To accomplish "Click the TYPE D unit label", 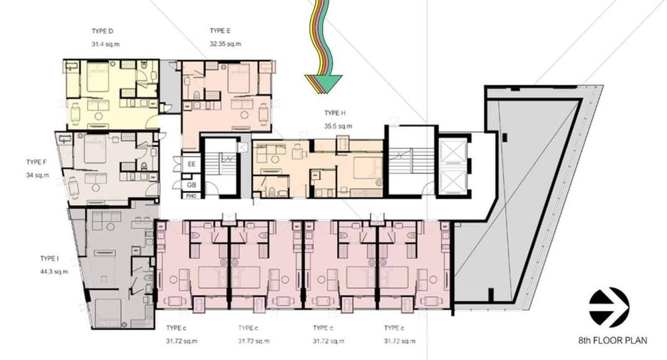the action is click(x=102, y=31).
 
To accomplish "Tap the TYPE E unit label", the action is click(x=220, y=31).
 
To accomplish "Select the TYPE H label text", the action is click(x=335, y=113).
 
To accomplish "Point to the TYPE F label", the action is click(x=36, y=162).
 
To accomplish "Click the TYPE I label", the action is click(x=49, y=258).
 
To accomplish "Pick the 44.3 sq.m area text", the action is click(x=54, y=272).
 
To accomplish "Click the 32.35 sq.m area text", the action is click(x=225, y=43).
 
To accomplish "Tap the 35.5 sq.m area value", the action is click(x=338, y=126).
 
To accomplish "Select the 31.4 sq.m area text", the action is click(x=105, y=43).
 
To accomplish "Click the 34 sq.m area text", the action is click(x=38, y=175).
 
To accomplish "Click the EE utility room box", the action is click(x=192, y=164).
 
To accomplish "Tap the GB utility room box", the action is click(x=192, y=185).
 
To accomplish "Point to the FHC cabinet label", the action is click(x=192, y=196).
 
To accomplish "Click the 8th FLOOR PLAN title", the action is click(x=613, y=341).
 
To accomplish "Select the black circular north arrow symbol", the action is click(x=609, y=307).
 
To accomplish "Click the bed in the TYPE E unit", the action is click(x=239, y=78).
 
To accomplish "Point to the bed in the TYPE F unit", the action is click(x=95, y=148).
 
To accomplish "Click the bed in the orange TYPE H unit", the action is click(x=367, y=168).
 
